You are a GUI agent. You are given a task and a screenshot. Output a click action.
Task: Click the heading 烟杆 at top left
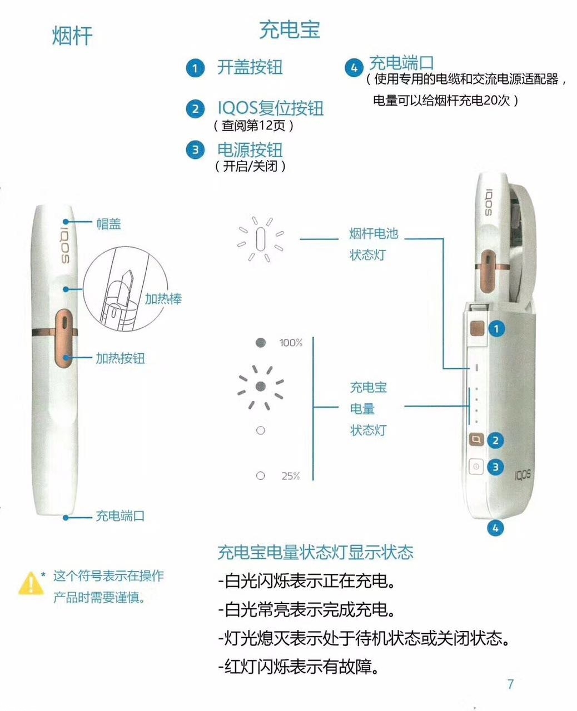pos(72,36)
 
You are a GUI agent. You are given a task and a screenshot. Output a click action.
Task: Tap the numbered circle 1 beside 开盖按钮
pos(195,69)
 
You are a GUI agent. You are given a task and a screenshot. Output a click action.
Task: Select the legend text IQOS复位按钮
pos(270,108)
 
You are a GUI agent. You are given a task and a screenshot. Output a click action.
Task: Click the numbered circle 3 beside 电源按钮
pos(195,150)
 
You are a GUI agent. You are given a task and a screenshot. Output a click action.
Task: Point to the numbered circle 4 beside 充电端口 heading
pos(354,68)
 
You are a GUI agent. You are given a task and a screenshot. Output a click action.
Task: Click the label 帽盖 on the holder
pos(108,224)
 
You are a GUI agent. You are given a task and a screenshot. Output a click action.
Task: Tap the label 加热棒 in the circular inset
pos(163,299)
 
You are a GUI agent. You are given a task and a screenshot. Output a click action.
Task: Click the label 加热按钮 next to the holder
pos(120,358)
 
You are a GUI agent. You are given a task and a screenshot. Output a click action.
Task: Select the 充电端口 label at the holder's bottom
pos(120,516)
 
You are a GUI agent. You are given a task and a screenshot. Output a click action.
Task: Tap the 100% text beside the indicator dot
pos(291,343)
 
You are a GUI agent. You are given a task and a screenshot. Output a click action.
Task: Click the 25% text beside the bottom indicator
pos(290,476)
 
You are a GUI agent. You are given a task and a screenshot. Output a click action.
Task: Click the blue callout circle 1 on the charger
pos(496,329)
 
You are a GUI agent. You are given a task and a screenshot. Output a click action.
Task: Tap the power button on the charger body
pos(476,467)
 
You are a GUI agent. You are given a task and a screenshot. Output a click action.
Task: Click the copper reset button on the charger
pos(476,440)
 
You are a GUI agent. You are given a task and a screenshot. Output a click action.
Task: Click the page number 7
pos(510,684)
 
